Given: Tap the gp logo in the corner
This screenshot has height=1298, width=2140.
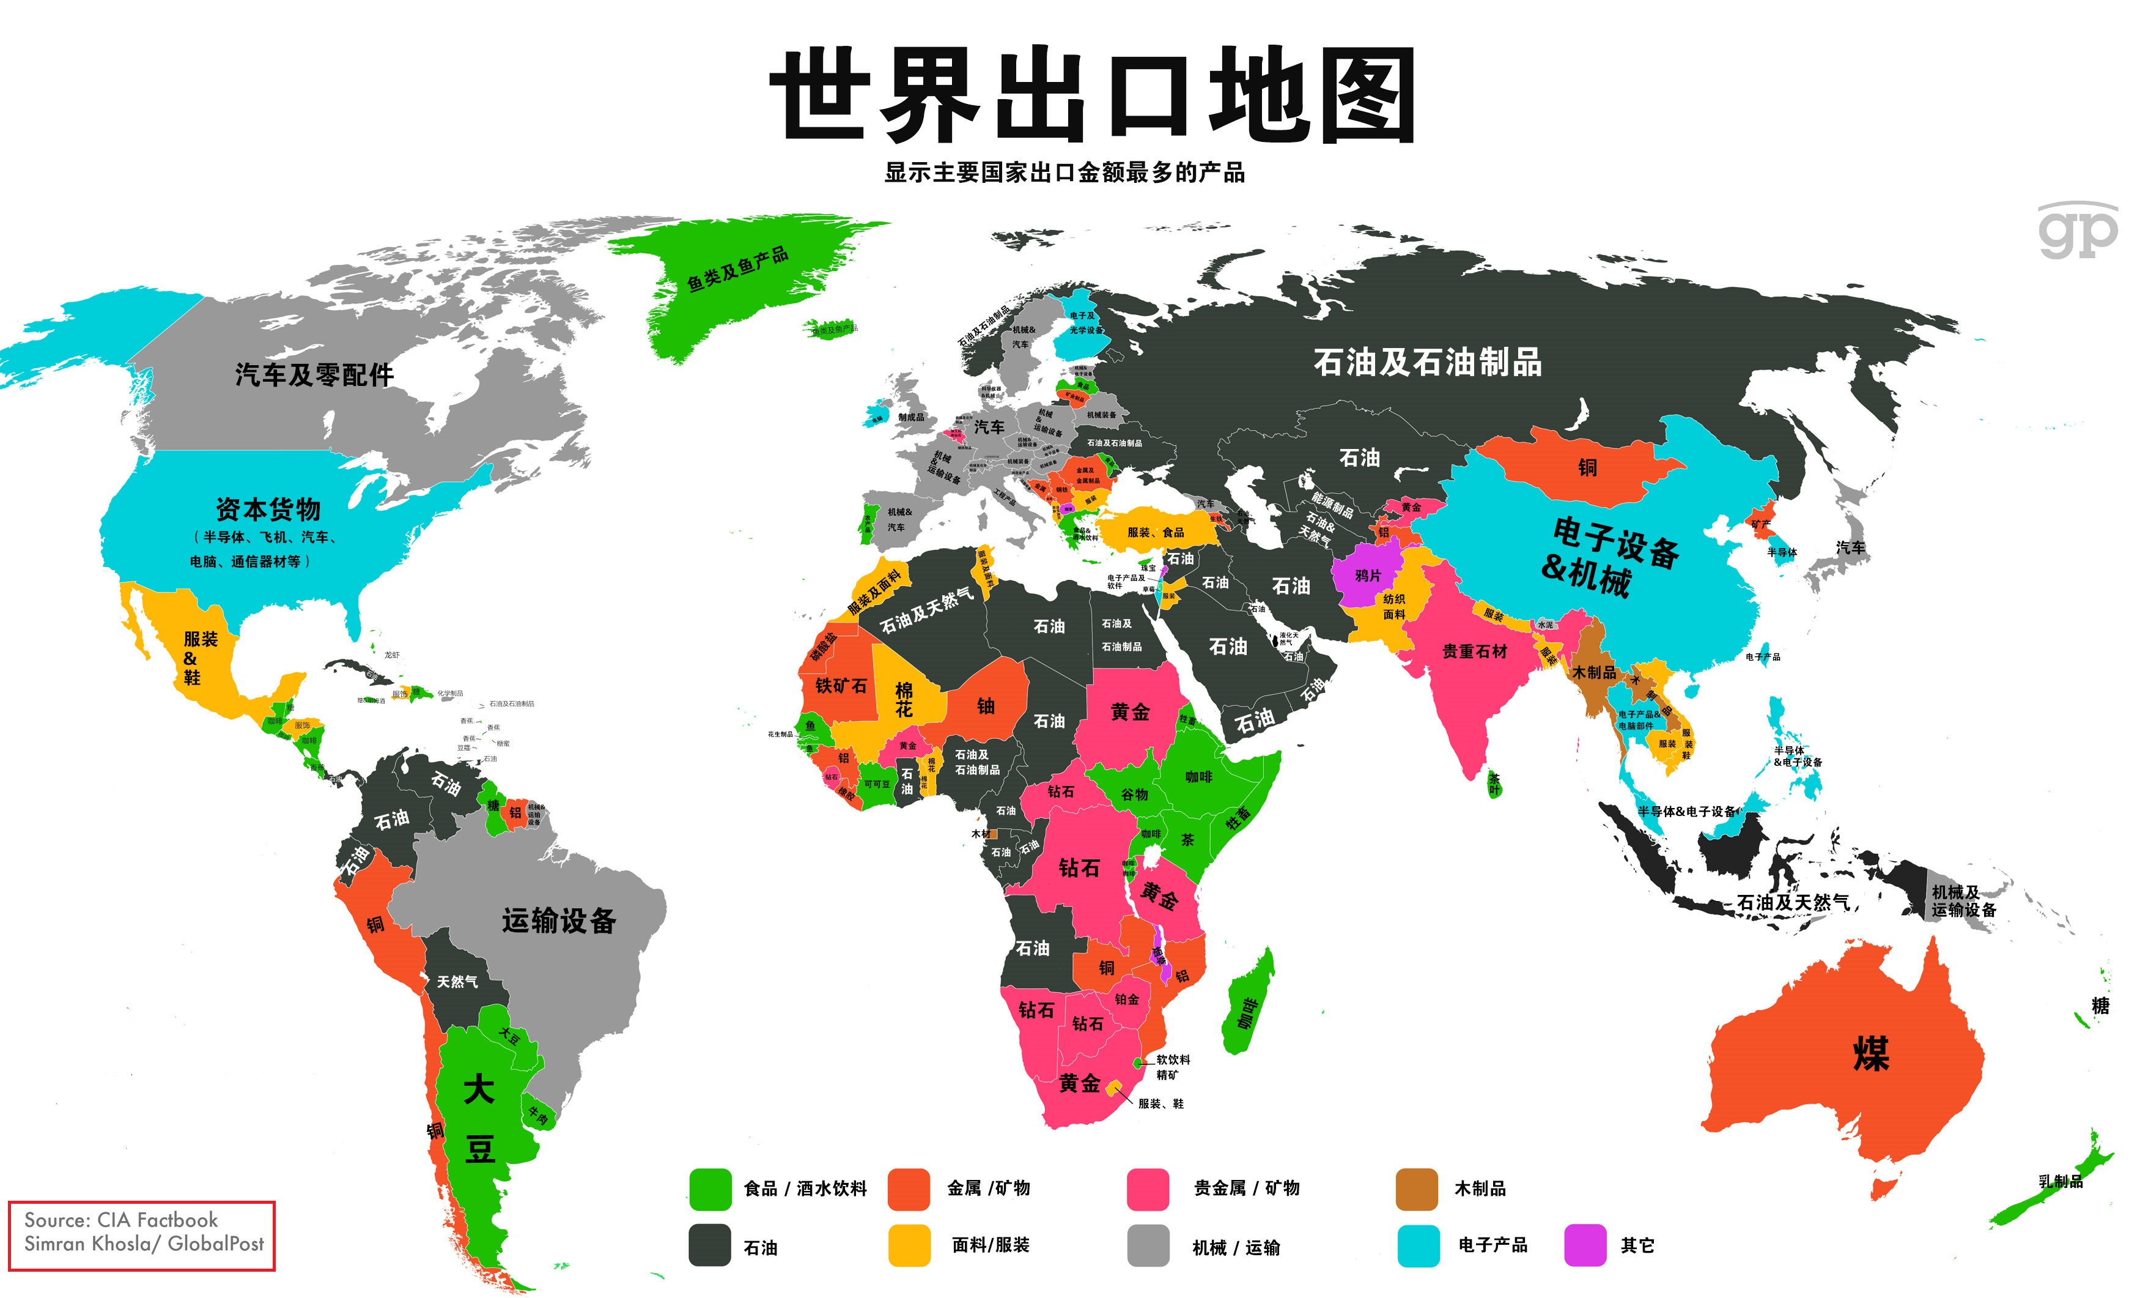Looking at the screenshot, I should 2078,231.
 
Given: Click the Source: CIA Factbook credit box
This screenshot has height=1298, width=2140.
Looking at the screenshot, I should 142,1234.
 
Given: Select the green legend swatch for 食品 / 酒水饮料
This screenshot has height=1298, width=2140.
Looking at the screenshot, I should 710,1189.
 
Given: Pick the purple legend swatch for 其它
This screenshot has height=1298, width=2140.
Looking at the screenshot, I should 1584,1245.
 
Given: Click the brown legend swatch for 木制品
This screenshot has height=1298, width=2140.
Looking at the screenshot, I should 1415,1189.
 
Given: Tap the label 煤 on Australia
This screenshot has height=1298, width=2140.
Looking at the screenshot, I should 1871,1054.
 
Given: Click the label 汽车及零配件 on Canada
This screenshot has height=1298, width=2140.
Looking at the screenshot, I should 314,374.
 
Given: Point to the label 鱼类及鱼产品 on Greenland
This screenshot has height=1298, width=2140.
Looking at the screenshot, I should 737,269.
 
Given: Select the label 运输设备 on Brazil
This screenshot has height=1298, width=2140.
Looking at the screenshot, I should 558,920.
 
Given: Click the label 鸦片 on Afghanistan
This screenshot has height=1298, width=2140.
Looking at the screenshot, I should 1367,575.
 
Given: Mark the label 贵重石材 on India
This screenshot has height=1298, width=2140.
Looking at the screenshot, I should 1474,651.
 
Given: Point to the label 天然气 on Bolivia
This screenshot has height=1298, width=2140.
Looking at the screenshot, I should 457,981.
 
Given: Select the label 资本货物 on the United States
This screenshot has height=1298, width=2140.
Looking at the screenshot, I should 268,508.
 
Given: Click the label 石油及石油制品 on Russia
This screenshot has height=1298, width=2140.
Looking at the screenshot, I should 1427,362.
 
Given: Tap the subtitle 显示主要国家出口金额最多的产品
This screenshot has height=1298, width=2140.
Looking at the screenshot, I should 1064,172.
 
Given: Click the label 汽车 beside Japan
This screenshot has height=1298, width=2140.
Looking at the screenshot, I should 1850,547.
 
